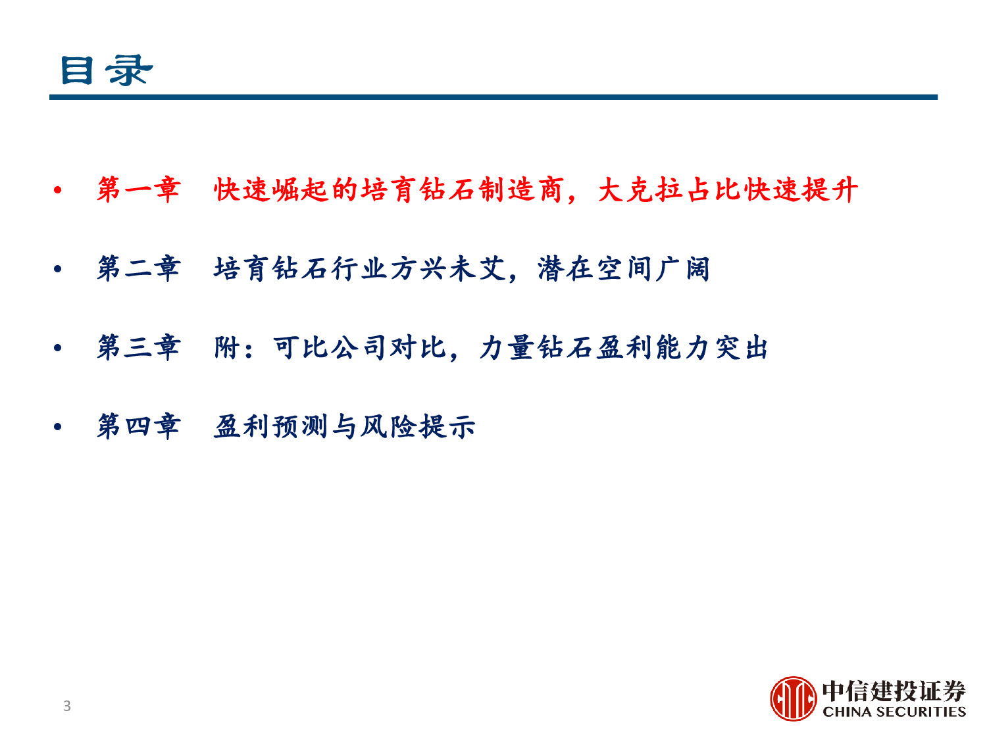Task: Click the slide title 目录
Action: (x=106, y=70)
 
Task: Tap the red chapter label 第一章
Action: (x=138, y=190)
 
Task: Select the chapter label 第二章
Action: (x=138, y=269)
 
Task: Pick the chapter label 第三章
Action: (x=138, y=347)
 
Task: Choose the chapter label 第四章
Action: (x=138, y=426)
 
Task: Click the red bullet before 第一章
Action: (x=58, y=191)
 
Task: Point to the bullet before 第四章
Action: (x=58, y=427)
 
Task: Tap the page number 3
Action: (x=66, y=706)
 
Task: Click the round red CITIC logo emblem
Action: (x=794, y=699)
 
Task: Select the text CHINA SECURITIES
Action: (x=894, y=712)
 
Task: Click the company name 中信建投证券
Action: (x=894, y=691)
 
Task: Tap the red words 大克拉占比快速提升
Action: (x=728, y=190)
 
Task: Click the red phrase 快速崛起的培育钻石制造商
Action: (x=388, y=190)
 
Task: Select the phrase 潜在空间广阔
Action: (x=624, y=269)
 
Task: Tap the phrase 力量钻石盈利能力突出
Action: (x=624, y=347)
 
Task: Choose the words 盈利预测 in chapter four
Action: (x=270, y=426)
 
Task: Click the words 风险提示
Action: (x=417, y=426)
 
